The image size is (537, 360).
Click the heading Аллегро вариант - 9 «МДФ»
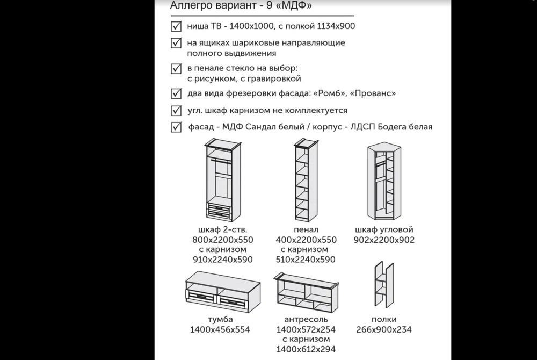pyautogui.click(x=241, y=6)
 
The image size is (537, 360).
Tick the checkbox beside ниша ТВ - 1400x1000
pyautogui.click(x=176, y=26)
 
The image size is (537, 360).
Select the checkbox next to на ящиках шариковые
pyautogui.click(x=176, y=43)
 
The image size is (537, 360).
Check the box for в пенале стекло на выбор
pyautogui.click(x=176, y=68)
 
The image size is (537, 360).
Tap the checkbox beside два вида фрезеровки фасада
pyautogui.click(x=176, y=93)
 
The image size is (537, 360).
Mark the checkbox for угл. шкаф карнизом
pyautogui.click(x=176, y=110)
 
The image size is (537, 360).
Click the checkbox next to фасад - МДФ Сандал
pyautogui.click(x=176, y=127)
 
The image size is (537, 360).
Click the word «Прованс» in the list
pyautogui.click(x=373, y=93)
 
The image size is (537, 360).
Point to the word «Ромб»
pyautogui.click(x=329, y=93)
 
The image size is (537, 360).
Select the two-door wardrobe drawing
pyautogui.click(x=222, y=180)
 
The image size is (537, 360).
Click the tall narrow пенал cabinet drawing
pyautogui.click(x=306, y=180)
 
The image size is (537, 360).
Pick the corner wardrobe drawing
pyautogui.click(x=384, y=181)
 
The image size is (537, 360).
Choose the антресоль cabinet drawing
pyautogui.click(x=306, y=292)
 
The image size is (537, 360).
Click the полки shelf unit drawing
pyautogui.click(x=384, y=284)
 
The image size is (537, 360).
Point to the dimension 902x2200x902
pyautogui.click(x=384, y=240)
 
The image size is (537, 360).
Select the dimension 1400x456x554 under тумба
pyautogui.click(x=220, y=329)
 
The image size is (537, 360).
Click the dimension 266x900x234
pyautogui.click(x=384, y=329)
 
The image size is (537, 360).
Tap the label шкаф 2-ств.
pyautogui.click(x=223, y=229)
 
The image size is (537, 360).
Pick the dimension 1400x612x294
pyautogui.click(x=306, y=349)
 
